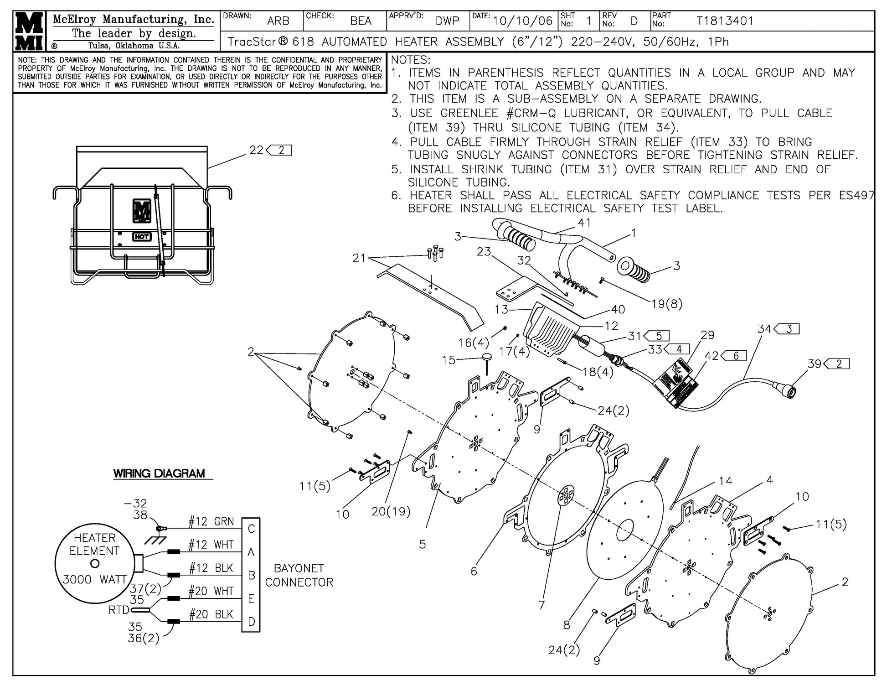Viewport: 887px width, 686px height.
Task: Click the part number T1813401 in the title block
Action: coord(725,21)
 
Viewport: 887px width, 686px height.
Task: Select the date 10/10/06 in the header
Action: coord(522,21)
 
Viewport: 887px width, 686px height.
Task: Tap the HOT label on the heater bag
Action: coord(142,237)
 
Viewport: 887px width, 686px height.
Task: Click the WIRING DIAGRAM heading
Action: coord(159,473)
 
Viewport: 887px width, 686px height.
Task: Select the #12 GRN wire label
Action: coord(211,521)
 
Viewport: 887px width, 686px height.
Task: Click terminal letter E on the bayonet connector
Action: coord(251,598)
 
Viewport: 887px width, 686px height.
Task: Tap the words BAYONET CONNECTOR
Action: coord(299,575)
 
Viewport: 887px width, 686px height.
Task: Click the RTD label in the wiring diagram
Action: coord(119,610)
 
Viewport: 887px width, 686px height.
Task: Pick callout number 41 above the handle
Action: coord(584,223)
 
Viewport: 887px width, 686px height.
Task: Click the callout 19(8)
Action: coord(666,304)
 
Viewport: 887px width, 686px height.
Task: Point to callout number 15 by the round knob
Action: coord(449,360)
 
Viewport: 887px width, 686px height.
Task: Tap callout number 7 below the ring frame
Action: coord(541,605)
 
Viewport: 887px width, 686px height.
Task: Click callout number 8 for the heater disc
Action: coord(567,624)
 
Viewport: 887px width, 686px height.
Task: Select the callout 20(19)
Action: coord(391,511)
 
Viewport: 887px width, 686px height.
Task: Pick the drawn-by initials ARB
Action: coord(278,21)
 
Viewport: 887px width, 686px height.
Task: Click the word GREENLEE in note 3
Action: coord(469,113)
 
